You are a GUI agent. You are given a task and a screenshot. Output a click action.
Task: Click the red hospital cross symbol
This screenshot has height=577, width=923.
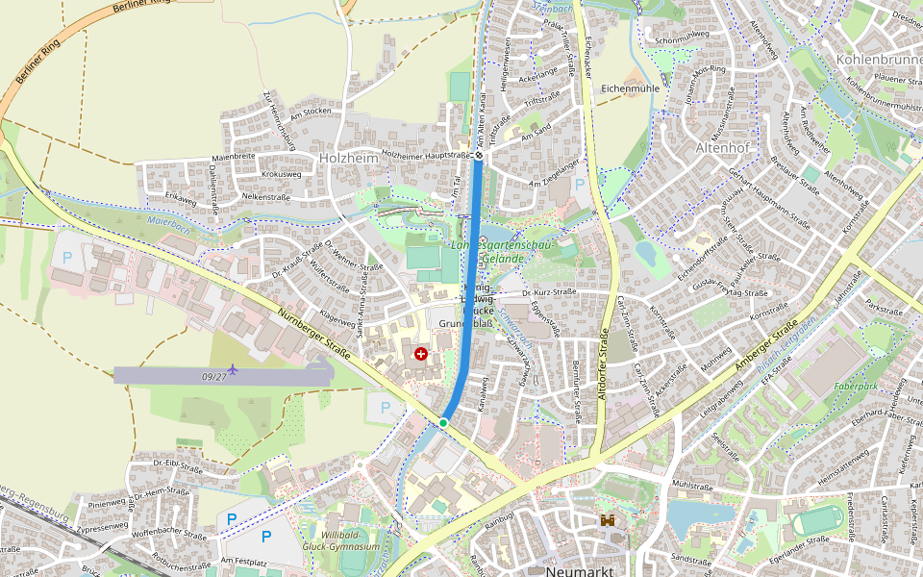point(420,354)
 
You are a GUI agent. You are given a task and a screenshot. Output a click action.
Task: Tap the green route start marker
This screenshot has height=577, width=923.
point(443,422)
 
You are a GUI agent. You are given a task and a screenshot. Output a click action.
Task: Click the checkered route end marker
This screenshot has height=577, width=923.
point(478,155)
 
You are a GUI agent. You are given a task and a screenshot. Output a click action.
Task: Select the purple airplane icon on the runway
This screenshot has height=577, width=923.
point(233,369)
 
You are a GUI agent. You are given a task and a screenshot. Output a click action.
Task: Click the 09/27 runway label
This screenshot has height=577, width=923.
point(215,376)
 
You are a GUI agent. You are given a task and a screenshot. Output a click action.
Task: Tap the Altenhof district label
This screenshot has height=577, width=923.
point(721,149)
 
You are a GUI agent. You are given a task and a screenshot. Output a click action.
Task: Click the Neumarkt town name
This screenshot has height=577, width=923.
point(579,570)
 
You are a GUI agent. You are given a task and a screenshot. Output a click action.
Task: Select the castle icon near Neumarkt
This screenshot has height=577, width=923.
point(608,520)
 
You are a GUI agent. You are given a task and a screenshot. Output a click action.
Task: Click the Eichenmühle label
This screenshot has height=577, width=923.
point(630,88)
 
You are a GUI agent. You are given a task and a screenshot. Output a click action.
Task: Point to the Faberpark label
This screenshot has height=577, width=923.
point(857,385)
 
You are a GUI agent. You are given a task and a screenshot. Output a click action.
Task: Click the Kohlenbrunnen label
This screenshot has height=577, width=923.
point(879,60)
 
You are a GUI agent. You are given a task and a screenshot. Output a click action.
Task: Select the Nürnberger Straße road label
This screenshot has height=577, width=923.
point(312,331)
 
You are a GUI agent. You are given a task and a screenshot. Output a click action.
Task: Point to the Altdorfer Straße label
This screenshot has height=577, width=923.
point(604,365)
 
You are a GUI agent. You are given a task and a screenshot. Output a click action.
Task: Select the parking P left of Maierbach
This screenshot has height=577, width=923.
point(67,258)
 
